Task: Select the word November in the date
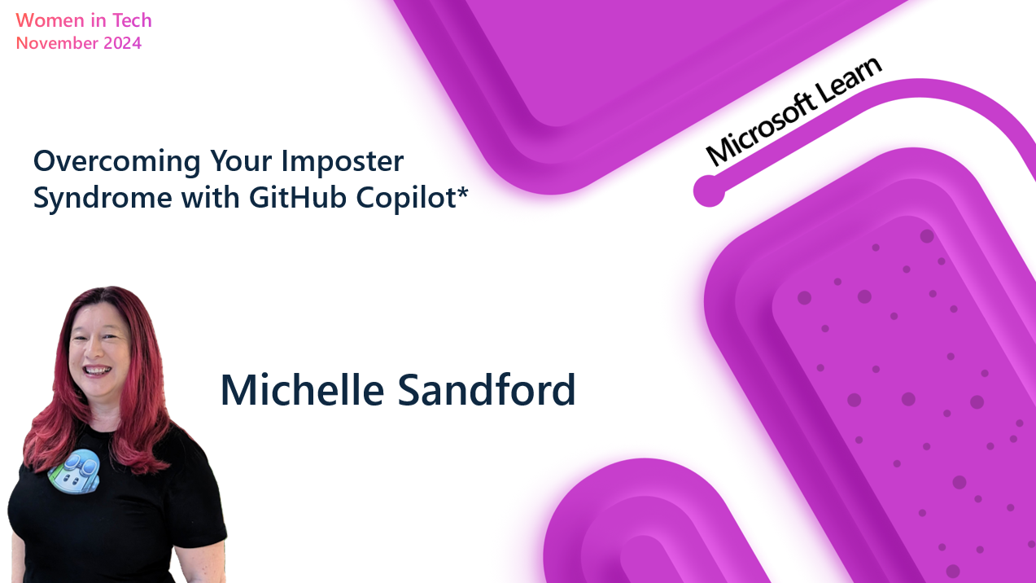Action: (x=56, y=43)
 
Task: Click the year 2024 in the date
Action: (x=122, y=43)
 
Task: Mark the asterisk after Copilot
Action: (x=465, y=193)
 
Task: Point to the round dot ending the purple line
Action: (x=709, y=191)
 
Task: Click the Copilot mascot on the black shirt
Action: (x=75, y=471)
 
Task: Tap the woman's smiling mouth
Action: (x=98, y=370)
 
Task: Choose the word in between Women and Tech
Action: (x=96, y=20)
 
